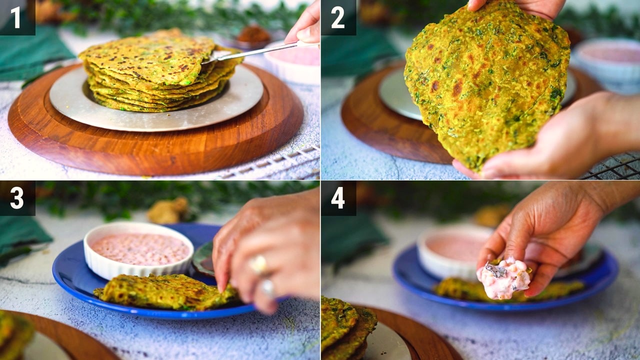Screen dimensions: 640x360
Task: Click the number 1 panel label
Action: (x=15, y=17)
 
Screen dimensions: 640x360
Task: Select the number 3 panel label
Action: (x=17, y=198)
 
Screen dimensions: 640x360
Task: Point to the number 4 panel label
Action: (x=338, y=198)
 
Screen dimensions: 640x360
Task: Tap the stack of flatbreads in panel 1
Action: (x=160, y=71)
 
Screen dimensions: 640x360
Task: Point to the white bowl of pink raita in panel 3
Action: (x=138, y=250)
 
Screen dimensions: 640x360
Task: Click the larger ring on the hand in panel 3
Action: (x=258, y=264)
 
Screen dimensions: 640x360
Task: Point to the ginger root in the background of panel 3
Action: (x=168, y=210)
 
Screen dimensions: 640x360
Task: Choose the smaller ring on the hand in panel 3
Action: (x=267, y=287)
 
